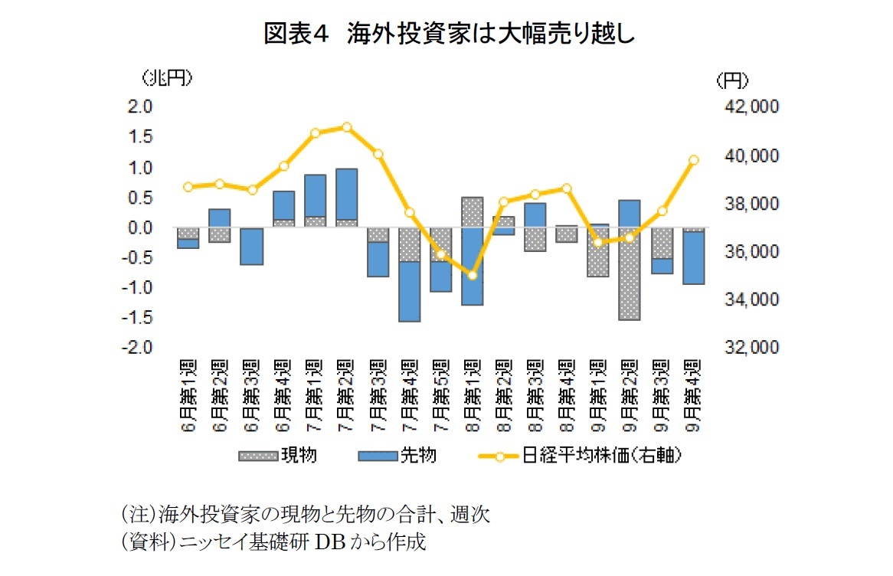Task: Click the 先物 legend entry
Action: (397, 457)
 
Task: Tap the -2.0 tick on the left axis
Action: (139, 348)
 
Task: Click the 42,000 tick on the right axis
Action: (750, 108)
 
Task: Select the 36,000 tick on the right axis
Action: (750, 252)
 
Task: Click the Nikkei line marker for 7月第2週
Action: (347, 127)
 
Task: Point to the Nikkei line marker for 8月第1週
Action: (473, 275)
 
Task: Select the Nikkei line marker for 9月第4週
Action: (694, 160)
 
